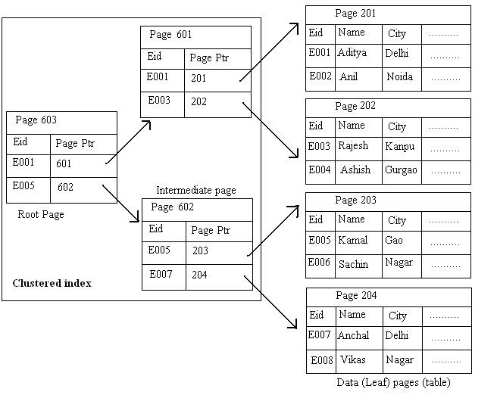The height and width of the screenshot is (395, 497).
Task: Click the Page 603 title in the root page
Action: (x=36, y=120)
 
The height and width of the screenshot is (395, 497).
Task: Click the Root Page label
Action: (x=41, y=215)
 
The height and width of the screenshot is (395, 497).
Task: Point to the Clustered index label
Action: (x=52, y=284)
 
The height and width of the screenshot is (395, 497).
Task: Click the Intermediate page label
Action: (x=196, y=190)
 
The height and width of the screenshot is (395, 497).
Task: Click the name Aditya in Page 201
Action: (x=352, y=53)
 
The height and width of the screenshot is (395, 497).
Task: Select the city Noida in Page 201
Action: (x=399, y=77)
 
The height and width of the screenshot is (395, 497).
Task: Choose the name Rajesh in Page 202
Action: (x=353, y=146)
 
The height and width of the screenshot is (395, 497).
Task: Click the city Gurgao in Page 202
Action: (x=401, y=170)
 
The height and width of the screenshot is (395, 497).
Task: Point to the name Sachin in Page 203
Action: (x=353, y=264)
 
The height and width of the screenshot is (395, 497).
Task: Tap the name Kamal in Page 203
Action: (x=352, y=240)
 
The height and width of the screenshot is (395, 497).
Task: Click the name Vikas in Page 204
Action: (x=353, y=359)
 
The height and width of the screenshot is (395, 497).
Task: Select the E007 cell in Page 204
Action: (x=320, y=335)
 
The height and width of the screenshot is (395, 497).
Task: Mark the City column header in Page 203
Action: (x=398, y=220)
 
